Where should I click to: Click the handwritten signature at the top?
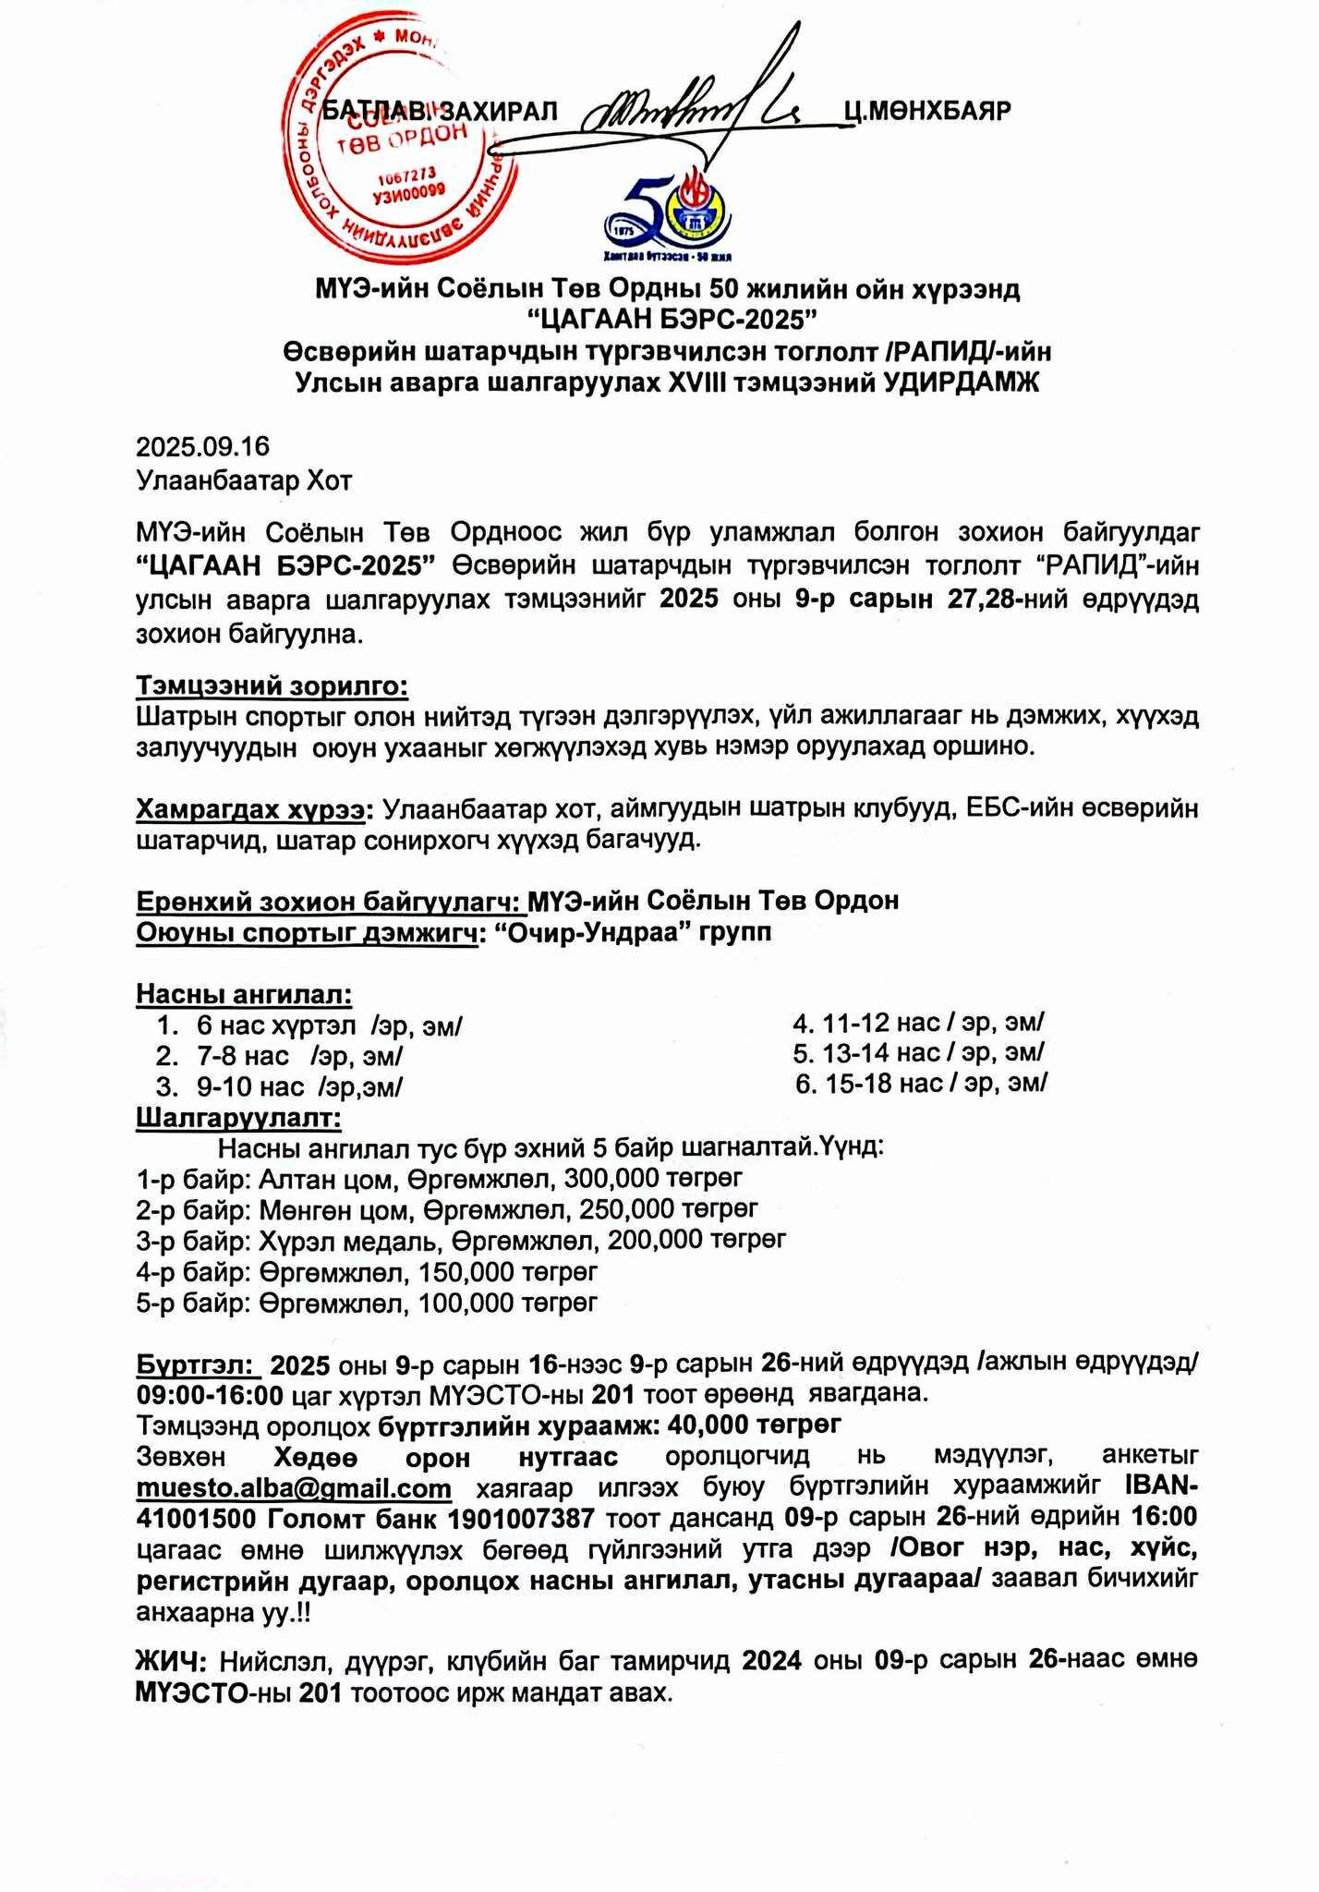(702, 111)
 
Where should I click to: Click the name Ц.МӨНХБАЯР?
(926, 111)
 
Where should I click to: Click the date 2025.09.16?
(202, 447)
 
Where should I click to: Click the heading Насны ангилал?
(244, 994)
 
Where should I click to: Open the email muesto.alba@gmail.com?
(294, 1489)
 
